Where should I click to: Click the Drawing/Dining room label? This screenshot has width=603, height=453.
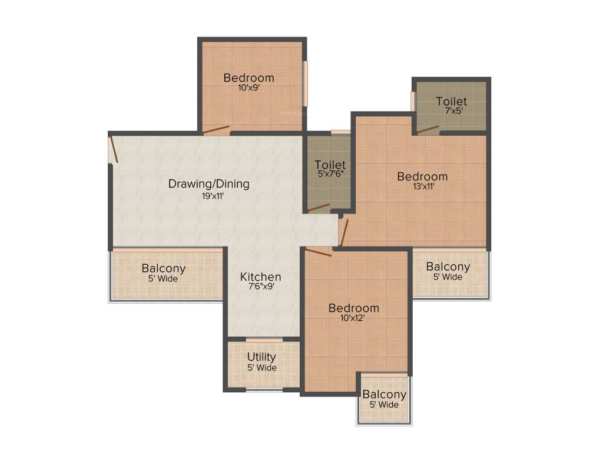pos(209,184)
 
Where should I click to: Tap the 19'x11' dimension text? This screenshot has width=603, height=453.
pos(213,196)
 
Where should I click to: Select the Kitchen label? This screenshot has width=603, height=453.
pos(260,277)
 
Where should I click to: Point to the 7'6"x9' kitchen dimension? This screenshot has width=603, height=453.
pos(261,287)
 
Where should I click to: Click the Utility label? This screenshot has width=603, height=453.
pos(261,357)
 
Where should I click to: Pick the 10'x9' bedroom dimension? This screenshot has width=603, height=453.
pos(249,87)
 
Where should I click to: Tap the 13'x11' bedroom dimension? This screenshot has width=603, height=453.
pos(424,186)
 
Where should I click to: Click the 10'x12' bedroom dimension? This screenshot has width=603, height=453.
pos(353,318)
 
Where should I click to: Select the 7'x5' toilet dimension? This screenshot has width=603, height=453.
pos(454,111)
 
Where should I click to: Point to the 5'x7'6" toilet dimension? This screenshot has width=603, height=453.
pos(331,174)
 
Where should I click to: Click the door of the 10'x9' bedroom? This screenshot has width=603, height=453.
pos(216,130)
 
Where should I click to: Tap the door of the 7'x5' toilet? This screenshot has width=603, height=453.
pos(428,129)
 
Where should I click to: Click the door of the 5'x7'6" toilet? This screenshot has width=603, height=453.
pos(319,208)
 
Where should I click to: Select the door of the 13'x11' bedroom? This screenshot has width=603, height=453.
pos(344,232)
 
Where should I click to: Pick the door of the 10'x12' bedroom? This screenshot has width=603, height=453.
pos(319,252)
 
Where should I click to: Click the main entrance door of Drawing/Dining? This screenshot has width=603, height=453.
pos(114,149)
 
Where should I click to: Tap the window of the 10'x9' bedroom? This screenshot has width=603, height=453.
pos(306,84)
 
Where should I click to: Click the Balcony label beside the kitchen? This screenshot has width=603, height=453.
pos(164,268)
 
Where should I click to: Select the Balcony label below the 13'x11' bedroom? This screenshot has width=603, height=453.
pos(448,267)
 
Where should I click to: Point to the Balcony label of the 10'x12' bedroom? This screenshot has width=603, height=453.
pos(384,395)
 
